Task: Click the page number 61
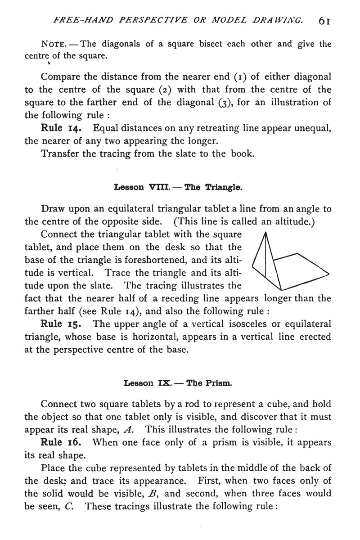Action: coord(325,20)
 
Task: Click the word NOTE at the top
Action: coord(54,44)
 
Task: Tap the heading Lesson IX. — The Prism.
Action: coord(178,384)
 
